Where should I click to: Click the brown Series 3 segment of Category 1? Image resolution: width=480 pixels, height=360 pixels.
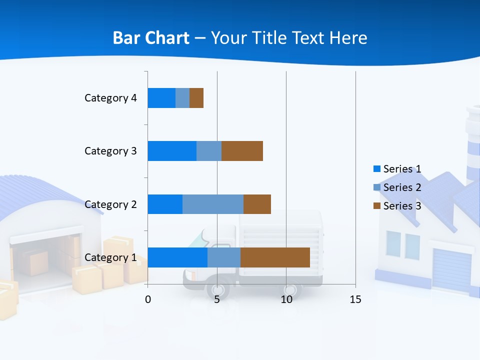click(x=275, y=257)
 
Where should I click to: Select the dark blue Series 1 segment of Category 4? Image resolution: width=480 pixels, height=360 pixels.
click(x=161, y=98)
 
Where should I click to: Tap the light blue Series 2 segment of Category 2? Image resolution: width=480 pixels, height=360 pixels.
click(x=213, y=204)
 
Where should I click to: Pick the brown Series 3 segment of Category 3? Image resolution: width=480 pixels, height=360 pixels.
click(x=242, y=151)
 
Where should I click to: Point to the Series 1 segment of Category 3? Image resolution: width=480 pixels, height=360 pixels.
click(x=172, y=151)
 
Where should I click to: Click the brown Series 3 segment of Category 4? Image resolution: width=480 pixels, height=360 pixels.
click(x=196, y=98)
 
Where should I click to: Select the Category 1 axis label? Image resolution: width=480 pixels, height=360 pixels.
click(x=110, y=257)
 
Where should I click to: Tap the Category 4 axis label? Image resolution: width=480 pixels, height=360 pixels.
click(x=110, y=98)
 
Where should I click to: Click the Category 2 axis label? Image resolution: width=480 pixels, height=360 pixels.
click(x=110, y=204)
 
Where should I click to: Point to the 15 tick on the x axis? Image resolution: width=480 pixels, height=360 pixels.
click(x=355, y=299)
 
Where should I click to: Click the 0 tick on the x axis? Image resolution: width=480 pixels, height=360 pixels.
click(x=148, y=299)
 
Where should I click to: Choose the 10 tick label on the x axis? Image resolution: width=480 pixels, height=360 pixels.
click(x=286, y=299)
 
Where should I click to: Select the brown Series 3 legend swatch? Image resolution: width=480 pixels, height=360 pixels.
click(x=377, y=206)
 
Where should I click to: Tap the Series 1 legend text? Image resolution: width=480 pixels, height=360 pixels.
click(x=402, y=169)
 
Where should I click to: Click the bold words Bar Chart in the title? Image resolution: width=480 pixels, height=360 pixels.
click(x=151, y=38)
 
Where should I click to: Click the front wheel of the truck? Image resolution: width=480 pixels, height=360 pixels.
click(x=218, y=289)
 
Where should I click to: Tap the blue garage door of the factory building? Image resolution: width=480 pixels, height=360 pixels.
click(x=451, y=270)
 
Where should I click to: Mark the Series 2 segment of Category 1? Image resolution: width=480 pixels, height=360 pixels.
click(x=224, y=257)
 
